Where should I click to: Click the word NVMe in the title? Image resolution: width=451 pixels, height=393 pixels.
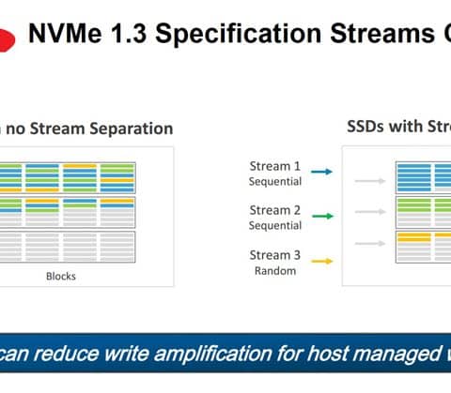pos(65,33)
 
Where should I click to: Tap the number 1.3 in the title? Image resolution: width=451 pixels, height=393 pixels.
pos(129,33)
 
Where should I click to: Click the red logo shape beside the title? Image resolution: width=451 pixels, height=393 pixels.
pos(7,39)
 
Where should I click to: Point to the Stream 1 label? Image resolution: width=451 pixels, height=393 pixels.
pos(275,166)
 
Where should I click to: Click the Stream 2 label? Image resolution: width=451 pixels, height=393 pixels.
pos(275,210)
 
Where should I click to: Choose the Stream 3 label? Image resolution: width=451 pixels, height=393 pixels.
pos(275,255)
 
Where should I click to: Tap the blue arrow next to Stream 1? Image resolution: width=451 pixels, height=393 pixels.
pos(321,172)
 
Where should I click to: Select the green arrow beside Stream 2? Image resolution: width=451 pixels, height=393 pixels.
pos(322,216)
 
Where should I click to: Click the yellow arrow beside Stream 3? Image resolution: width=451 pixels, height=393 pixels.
pos(322,261)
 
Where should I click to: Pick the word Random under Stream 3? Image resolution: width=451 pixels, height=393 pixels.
pos(275,271)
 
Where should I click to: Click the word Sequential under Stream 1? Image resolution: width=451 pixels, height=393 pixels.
pos(275,182)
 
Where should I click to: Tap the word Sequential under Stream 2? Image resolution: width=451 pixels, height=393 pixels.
pos(275,226)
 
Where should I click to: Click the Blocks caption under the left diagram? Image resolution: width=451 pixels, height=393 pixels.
pos(61,277)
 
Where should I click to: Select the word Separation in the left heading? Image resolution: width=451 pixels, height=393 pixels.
pos(132,129)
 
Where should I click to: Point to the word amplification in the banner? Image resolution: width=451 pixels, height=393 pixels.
pos(213,355)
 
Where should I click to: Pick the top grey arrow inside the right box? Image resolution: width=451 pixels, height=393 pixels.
pos(370,181)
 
